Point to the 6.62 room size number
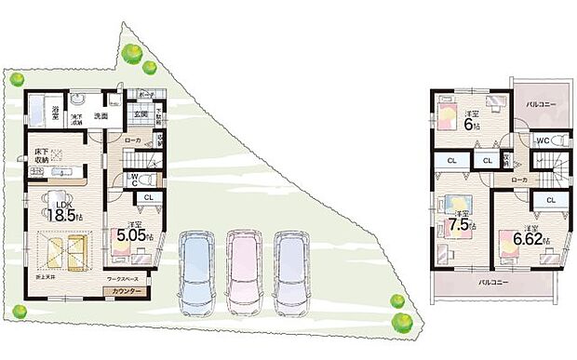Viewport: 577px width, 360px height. point(534,239)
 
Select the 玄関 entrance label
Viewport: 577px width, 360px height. point(140,114)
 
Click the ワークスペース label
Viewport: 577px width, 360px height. point(122,279)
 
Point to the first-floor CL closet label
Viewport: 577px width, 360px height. point(148,196)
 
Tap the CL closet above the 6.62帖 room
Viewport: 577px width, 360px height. point(550,200)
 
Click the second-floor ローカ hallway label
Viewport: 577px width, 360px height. point(518,180)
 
